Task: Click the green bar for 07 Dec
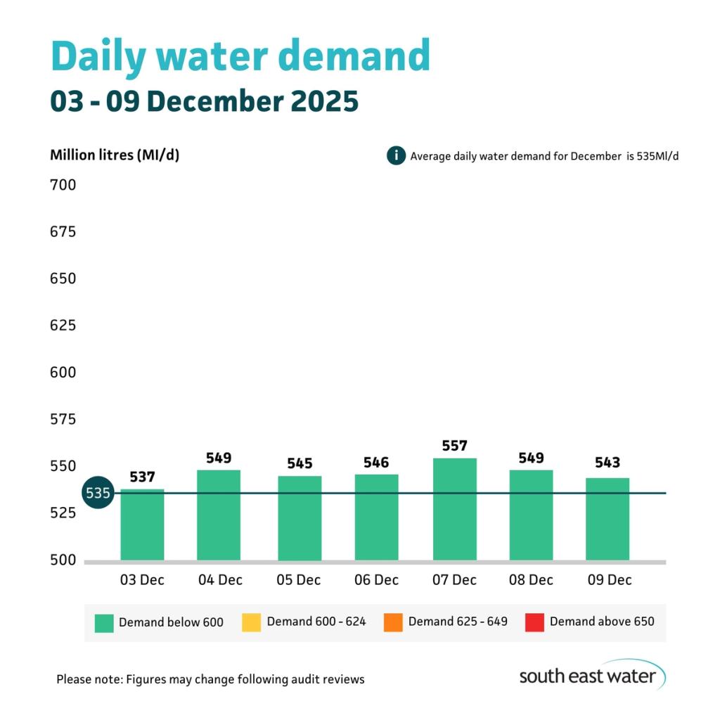pos(454,509)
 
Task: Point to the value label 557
pos(454,446)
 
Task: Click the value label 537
pos(142,477)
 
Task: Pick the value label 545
pos(300,464)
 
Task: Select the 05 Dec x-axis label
pos(300,580)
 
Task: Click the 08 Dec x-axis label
pos(531,580)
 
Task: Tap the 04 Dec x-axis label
pos(219,580)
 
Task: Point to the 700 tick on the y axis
pos(63,186)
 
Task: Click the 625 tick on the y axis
pos(63,326)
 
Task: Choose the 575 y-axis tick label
pos(63,420)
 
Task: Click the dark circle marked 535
pos(98,493)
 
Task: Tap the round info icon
pos(396,155)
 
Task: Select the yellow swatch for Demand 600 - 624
pos(251,622)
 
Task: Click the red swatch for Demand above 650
pos(534,622)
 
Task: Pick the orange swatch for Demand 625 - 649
pos(393,622)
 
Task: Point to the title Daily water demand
pos(240,56)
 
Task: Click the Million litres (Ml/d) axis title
pos(115,155)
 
